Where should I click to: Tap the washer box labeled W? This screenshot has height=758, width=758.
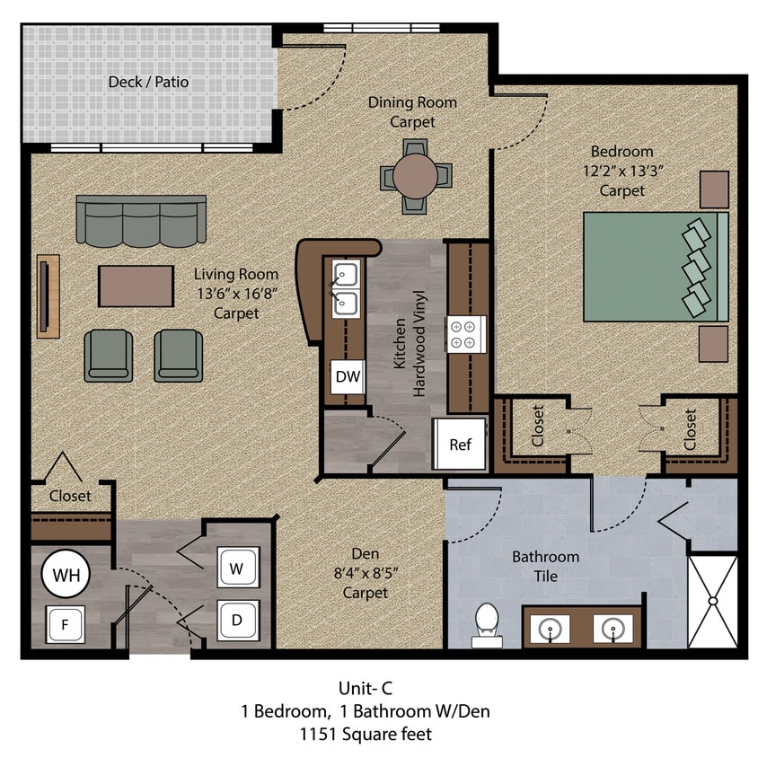coord(238,568)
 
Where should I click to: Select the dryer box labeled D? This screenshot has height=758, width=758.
coord(238,621)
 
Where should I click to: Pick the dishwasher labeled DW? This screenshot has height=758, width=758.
coord(348,377)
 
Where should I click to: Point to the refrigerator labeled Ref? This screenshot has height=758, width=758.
coord(460,445)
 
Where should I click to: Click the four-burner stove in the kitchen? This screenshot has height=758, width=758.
coord(467,334)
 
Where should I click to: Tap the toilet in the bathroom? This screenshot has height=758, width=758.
coord(486,624)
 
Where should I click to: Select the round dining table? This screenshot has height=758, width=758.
coord(415,176)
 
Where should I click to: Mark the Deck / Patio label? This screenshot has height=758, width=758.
coord(148,83)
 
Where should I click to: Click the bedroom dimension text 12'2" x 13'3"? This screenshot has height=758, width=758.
coord(621,171)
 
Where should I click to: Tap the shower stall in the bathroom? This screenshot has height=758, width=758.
coord(712,601)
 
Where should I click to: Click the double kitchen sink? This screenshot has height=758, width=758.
coord(346,289)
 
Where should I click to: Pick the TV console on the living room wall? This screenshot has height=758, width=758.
coord(48,295)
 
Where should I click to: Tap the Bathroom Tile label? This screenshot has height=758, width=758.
coord(545,567)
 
